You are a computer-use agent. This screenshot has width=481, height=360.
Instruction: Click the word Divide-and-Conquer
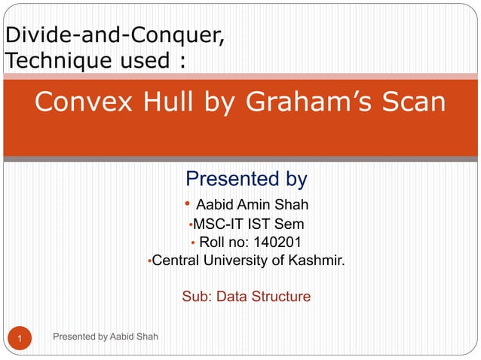(x=114, y=35)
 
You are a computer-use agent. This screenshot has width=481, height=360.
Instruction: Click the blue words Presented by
(x=246, y=179)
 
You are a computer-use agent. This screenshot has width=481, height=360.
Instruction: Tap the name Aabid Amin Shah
(x=252, y=205)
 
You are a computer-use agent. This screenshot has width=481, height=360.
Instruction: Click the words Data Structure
(x=263, y=297)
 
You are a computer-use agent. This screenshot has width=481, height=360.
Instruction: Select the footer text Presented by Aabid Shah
(x=106, y=336)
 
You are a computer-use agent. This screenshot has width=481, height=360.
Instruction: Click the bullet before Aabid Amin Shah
(x=187, y=204)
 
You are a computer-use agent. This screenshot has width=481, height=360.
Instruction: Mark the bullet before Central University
(x=150, y=262)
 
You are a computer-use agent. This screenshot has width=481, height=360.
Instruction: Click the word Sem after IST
(x=291, y=224)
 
